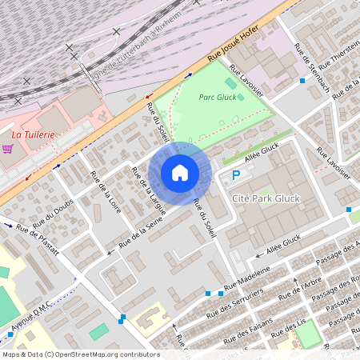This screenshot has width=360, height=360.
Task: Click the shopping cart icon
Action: pyautogui.click(x=7, y=149)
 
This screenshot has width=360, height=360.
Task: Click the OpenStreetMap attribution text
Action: pyautogui.click(x=80, y=354)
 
